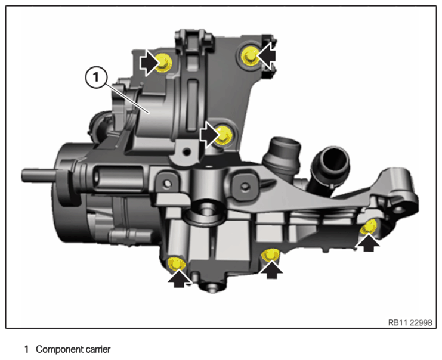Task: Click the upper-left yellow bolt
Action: click(x=163, y=61)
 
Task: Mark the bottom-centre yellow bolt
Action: click(x=271, y=256)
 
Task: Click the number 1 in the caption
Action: click(x=26, y=349)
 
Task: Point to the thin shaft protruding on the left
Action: click(x=36, y=175)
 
